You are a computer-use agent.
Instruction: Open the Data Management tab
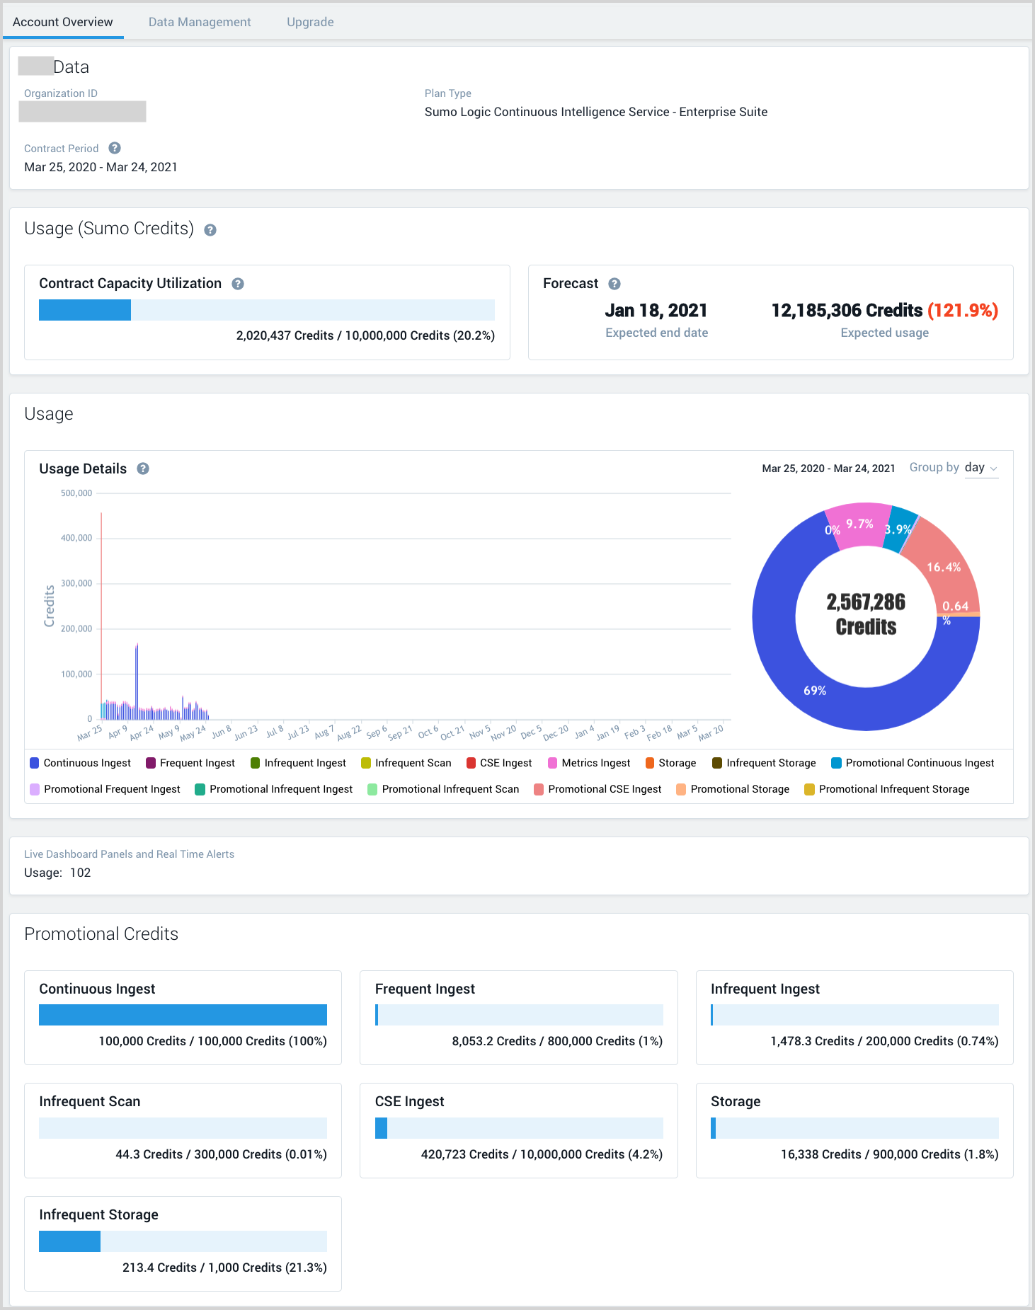200,22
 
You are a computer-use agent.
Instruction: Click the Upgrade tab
310,22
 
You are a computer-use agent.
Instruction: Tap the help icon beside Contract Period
115,148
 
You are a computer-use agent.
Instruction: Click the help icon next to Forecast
614,284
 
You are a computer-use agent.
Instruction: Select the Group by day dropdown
981,468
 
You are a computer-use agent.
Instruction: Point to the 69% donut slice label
815,691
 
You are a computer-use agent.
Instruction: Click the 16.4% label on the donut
944,568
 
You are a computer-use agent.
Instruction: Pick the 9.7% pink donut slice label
859,524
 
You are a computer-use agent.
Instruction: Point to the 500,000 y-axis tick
76,493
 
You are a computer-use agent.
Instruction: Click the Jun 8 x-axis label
222,732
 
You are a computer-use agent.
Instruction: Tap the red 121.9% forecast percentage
963,311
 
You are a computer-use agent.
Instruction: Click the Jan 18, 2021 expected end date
656,311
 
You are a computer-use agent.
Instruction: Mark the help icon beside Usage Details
143,469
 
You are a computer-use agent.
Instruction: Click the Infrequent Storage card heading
98,1214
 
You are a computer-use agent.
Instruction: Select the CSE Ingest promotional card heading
409,1101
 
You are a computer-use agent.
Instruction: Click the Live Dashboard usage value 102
80,873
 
